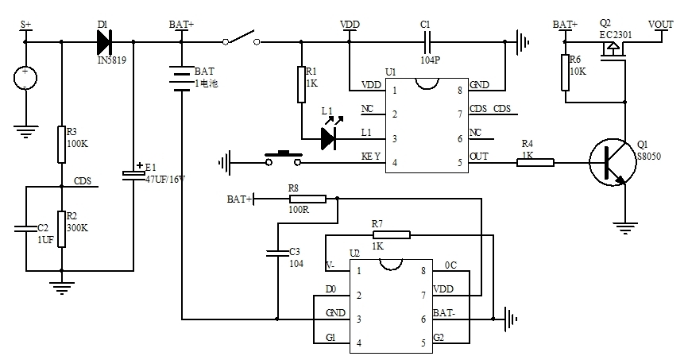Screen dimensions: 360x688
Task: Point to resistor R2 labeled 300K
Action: (61, 228)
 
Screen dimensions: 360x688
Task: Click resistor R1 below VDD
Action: (301, 84)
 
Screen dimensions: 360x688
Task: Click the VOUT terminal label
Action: (661, 25)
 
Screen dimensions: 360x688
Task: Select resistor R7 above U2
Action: (391, 234)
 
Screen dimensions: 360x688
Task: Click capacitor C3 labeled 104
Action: (277, 254)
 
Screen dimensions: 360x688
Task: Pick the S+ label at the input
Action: (25, 25)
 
